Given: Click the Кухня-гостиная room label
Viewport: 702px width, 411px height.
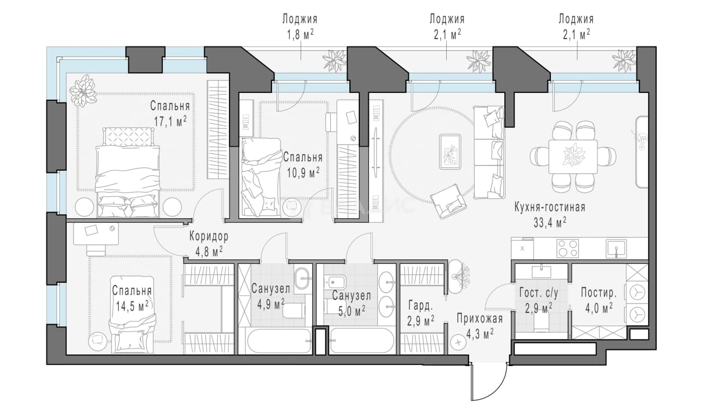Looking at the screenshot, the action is [x=550, y=207].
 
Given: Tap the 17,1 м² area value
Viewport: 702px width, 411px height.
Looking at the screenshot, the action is [x=170, y=121].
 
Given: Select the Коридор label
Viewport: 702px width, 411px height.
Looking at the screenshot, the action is [x=209, y=236].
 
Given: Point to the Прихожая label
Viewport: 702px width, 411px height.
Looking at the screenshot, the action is [x=480, y=319].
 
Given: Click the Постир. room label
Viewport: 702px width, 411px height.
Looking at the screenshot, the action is [x=598, y=293].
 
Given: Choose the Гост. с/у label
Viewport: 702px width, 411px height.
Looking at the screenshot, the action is [x=539, y=293].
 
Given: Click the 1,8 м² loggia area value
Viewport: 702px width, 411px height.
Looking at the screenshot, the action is [x=300, y=35].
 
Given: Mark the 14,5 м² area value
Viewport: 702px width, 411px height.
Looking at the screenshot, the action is [x=132, y=306].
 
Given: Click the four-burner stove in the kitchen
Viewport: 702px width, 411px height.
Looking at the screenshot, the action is [x=567, y=249].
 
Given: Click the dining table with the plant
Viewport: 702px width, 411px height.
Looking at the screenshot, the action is [x=573, y=157].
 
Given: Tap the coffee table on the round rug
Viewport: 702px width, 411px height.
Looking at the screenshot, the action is [x=450, y=152].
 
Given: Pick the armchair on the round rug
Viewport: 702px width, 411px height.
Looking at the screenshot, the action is [x=448, y=201].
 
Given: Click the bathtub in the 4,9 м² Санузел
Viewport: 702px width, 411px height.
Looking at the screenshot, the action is [x=279, y=341].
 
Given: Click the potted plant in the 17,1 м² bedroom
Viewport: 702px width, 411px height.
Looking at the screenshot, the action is [x=82, y=91].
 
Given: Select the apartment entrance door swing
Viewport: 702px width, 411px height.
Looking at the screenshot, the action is [x=489, y=381].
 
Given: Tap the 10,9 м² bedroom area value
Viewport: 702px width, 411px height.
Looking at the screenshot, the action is [x=303, y=172].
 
